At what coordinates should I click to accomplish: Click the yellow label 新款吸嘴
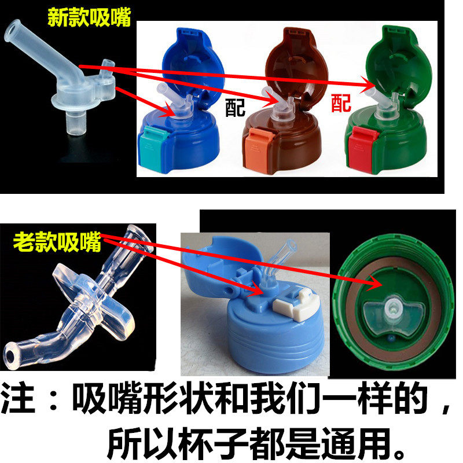(x=89, y=17)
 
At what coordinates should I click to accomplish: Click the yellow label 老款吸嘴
(x=57, y=242)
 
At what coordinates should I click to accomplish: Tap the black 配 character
(x=235, y=107)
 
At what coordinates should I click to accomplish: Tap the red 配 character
(x=341, y=103)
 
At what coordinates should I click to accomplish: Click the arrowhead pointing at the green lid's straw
(x=368, y=86)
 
